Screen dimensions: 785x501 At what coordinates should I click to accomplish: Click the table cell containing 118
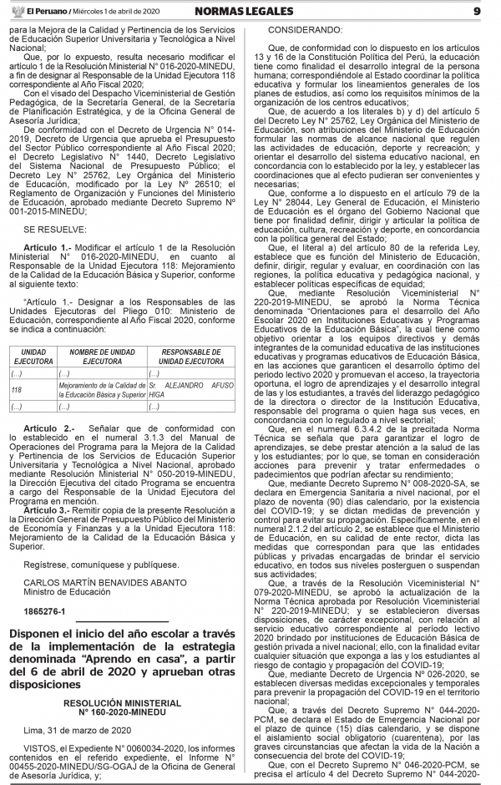point(17,389)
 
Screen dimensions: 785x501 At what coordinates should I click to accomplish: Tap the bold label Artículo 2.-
point(50,428)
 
